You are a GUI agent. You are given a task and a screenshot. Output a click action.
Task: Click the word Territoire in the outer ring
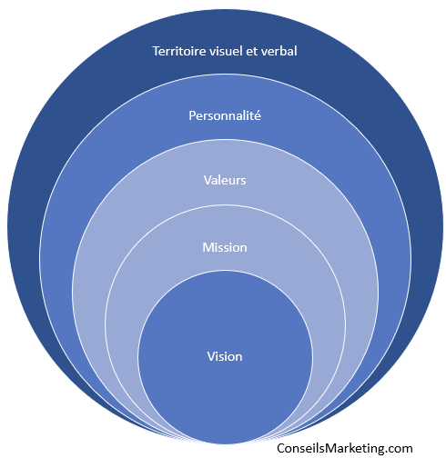pyautogui.click(x=179, y=51)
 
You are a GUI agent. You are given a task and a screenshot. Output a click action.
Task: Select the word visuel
pyautogui.click(x=226, y=51)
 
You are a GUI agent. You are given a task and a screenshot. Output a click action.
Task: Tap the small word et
pyautogui.click(x=252, y=52)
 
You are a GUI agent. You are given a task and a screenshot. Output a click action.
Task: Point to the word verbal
pyautogui.click(x=279, y=51)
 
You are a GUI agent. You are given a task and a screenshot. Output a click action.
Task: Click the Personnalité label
pyautogui.click(x=225, y=115)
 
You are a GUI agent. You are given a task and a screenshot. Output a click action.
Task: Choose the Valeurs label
pyautogui.click(x=225, y=180)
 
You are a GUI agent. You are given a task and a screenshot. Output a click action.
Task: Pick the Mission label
pyautogui.click(x=225, y=247)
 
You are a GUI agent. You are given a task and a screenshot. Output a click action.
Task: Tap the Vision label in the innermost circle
pyautogui.click(x=225, y=356)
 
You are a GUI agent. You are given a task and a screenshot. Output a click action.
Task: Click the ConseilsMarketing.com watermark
pyautogui.click(x=345, y=448)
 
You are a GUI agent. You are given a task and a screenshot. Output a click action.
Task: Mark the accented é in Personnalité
pyautogui.click(x=258, y=115)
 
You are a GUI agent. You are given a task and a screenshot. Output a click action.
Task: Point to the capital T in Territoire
pyautogui.click(x=157, y=51)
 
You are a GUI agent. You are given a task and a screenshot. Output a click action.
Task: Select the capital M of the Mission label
pyautogui.click(x=208, y=248)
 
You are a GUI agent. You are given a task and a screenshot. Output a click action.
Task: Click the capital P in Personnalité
pyautogui.click(x=192, y=115)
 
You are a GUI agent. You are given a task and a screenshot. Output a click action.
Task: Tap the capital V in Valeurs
pyautogui.click(x=208, y=180)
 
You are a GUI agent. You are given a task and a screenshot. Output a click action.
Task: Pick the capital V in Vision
pyautogui.click(x=211, y=357)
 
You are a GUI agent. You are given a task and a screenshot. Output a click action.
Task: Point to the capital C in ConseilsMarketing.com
pyautogui.click(x=281, y=448)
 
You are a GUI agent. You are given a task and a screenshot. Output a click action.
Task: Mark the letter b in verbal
pyautogui.click(x=283, y=51)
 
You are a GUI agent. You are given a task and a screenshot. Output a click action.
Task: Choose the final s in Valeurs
pyautogui.click(x=243, y=181)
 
